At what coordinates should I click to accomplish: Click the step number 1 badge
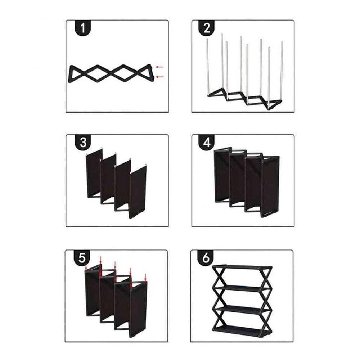[x=83, y=28]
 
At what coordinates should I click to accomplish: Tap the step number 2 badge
[x=207, y=28]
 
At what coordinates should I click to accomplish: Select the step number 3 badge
[x=83, y=142]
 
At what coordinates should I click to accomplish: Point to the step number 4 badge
[x=207, y=142]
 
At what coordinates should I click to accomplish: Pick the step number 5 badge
[x=82, y=258]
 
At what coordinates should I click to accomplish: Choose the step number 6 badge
[x=206, y=258]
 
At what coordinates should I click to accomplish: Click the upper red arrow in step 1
[x=159, y=67]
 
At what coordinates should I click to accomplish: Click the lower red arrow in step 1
[x=159, y=77]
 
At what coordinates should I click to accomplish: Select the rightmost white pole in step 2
[x=282, y=71]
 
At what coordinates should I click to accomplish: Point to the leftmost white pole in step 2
[x=207, y=67]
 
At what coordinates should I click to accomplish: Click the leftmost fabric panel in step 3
[x=94, y=174]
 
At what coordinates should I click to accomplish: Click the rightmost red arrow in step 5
[x=145, y=277]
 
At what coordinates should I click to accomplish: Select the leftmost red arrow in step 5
[x=86, y=267]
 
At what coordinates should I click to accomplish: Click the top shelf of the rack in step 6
[x=242, y=267]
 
